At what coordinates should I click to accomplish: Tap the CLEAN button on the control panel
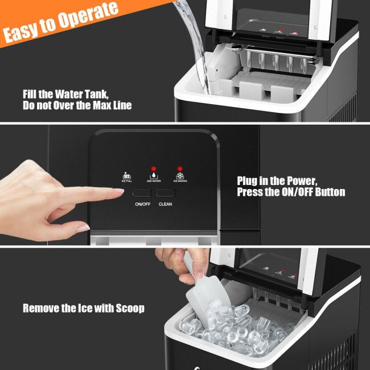[166, 193]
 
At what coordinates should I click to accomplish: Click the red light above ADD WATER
[153, 169]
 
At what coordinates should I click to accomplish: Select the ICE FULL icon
[126, 176]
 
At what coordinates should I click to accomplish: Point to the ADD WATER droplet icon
[153, 176]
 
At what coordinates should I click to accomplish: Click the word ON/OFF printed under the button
[142, 204]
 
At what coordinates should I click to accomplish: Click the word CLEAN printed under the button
[166, 204]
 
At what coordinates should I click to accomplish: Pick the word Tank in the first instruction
[91, 94]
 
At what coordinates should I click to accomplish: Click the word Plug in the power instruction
[248, 181]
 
